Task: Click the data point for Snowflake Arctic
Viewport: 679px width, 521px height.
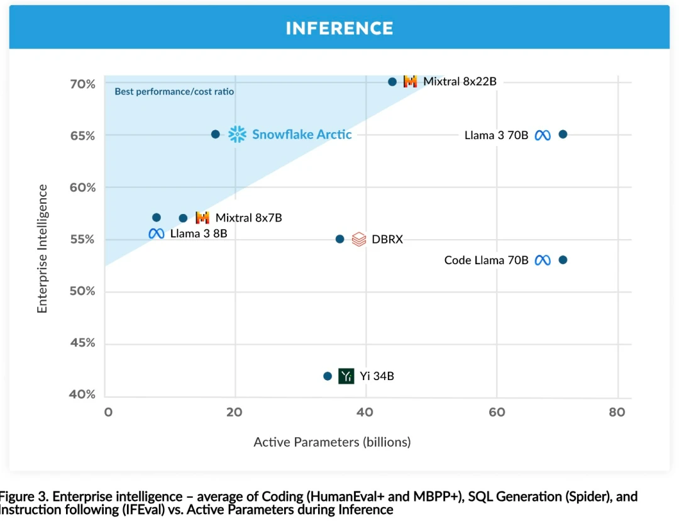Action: click(216, 134)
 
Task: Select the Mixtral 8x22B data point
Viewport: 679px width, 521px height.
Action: click(392, 82)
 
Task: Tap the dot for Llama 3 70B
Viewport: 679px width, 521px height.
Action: click(563, 134)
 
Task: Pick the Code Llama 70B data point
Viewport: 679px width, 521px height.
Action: click(563, 260)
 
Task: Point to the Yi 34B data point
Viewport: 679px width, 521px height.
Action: click(328, 376)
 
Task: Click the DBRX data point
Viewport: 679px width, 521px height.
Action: click(340, 239)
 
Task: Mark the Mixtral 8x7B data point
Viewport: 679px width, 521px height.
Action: click(183, 218)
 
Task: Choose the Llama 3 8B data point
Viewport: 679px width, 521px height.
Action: click(157, 218)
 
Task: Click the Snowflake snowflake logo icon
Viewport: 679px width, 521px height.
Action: click(237, 134)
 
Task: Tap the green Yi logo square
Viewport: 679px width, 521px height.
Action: click(346, 376)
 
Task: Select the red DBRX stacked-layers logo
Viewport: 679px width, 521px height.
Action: click(359, 239)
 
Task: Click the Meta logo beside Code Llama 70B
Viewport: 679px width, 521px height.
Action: click(543, 260)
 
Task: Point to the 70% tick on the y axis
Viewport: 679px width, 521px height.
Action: click(83, 84)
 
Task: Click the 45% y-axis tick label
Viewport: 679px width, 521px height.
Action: click(83, 343)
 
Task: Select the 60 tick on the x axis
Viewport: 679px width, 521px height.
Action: click(497, 412)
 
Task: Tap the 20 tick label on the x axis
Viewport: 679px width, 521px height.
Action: click(235, 412)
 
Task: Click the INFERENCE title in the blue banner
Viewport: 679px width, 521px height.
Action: click(339, 28)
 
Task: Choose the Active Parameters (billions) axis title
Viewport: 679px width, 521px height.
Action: click(332, 442)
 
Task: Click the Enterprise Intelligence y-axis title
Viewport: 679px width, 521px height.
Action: click(42, 249)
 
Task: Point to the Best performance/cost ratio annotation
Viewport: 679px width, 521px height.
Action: click(174, 92)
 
